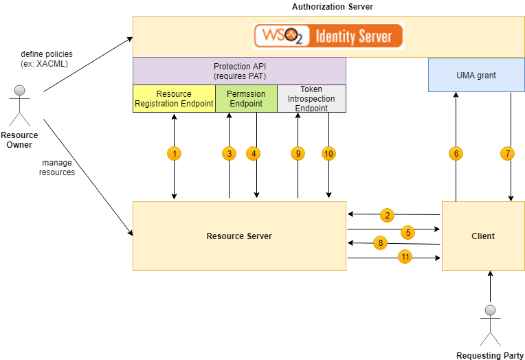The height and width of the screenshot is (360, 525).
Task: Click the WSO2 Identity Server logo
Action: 328,36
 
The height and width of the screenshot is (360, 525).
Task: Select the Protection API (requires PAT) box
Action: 239,71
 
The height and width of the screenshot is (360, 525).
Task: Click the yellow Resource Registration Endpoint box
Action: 174,98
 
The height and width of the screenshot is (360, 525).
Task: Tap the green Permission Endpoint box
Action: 246,98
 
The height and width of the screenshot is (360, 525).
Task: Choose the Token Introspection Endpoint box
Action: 311,98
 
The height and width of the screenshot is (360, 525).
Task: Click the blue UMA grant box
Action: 476,75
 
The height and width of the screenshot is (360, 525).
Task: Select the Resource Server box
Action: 239,236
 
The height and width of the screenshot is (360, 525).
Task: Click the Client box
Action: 482,236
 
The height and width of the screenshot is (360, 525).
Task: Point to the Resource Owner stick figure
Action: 20,106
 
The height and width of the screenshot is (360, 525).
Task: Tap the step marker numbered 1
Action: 175,154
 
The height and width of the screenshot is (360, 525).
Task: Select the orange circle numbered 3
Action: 229,154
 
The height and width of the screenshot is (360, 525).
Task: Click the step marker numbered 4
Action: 254,154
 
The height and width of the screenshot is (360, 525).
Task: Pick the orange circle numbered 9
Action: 298,154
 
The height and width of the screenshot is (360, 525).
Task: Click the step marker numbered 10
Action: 328,154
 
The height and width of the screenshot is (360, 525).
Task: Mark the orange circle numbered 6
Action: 456,154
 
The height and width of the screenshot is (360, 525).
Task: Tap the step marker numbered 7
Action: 508,154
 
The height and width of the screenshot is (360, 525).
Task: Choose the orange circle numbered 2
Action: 388,216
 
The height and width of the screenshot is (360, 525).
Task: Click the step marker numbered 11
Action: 405,257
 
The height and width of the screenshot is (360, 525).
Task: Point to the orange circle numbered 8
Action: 381,243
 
